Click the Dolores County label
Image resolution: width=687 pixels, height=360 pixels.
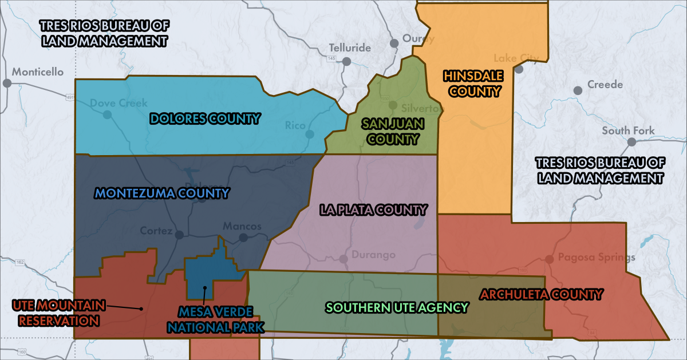point(205,118)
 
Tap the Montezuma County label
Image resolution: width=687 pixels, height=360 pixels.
point(162,193)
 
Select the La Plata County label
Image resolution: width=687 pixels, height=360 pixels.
point(373,210)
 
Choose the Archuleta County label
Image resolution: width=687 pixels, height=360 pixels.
point(541,295)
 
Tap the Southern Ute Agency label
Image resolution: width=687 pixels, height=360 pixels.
point(397,307)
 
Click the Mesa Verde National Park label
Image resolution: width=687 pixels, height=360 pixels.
point(220,320)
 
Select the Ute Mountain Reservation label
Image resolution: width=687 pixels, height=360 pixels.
point(56,312)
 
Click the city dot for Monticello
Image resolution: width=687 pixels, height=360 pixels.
point(7,83)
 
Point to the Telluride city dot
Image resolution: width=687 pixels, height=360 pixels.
point(346,61)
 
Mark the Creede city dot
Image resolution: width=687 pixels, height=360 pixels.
point(578,90)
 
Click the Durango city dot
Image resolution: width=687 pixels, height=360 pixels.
point(343,259)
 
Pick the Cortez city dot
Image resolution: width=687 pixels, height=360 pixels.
point(179,235)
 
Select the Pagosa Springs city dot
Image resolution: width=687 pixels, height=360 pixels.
point(549,259)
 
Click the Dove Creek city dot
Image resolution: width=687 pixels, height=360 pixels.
point(107,114)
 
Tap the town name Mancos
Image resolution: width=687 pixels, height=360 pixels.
point(242,226)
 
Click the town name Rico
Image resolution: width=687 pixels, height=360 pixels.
point(295,125)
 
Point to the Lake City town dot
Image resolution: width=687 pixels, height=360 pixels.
point(519,69)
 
